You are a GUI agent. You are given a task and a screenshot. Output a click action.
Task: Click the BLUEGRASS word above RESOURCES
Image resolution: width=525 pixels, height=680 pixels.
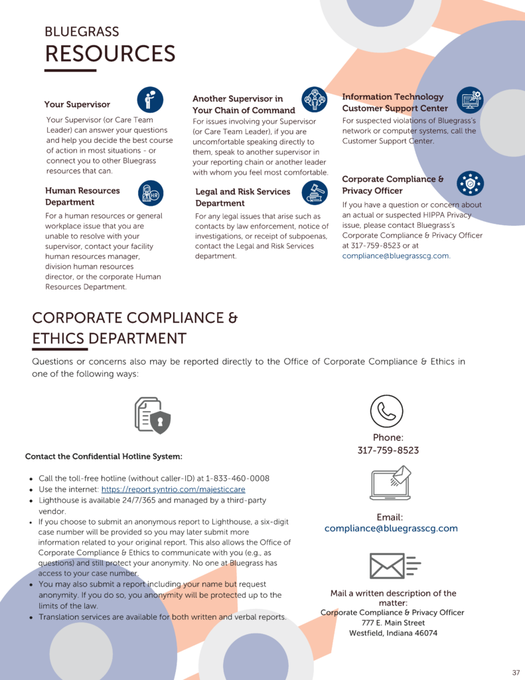[x=82, y=32]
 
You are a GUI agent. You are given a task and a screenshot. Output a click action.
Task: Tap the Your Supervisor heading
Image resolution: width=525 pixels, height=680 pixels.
[x=77, y=104]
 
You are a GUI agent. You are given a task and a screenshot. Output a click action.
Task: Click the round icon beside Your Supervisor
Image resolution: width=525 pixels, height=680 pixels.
[x=150, y=99]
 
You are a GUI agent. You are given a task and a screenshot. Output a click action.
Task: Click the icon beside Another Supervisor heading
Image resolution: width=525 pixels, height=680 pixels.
[x=315, y=100]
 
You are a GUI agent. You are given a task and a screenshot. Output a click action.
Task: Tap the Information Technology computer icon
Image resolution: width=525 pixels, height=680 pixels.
[x=470, y=100]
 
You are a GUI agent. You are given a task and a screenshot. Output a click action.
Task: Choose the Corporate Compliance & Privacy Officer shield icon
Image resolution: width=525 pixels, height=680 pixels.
[x=470, y=183]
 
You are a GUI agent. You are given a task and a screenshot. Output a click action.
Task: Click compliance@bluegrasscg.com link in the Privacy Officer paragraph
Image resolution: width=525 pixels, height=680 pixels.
[x=396, y=256]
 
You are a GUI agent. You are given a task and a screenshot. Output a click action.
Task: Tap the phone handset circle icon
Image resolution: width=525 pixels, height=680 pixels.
[x=387, y=410]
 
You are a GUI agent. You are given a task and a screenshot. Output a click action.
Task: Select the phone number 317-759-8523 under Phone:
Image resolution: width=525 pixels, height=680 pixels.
[x=388, y=450]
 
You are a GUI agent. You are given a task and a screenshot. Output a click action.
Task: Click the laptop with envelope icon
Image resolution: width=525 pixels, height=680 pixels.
[x=390, y=483]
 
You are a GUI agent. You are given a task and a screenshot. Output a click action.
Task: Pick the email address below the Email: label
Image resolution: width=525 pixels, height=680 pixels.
[x=391, y=529]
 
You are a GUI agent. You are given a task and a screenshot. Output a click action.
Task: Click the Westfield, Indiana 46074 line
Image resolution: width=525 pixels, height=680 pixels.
[x=393, y=633]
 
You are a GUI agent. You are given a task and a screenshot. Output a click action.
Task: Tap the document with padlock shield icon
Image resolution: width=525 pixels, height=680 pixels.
[x=152, y=415]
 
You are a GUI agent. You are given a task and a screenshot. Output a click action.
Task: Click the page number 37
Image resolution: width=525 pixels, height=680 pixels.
[x=516, y=672]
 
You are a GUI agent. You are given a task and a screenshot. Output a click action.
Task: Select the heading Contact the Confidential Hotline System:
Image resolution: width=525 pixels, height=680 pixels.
[x=104, y=456]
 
